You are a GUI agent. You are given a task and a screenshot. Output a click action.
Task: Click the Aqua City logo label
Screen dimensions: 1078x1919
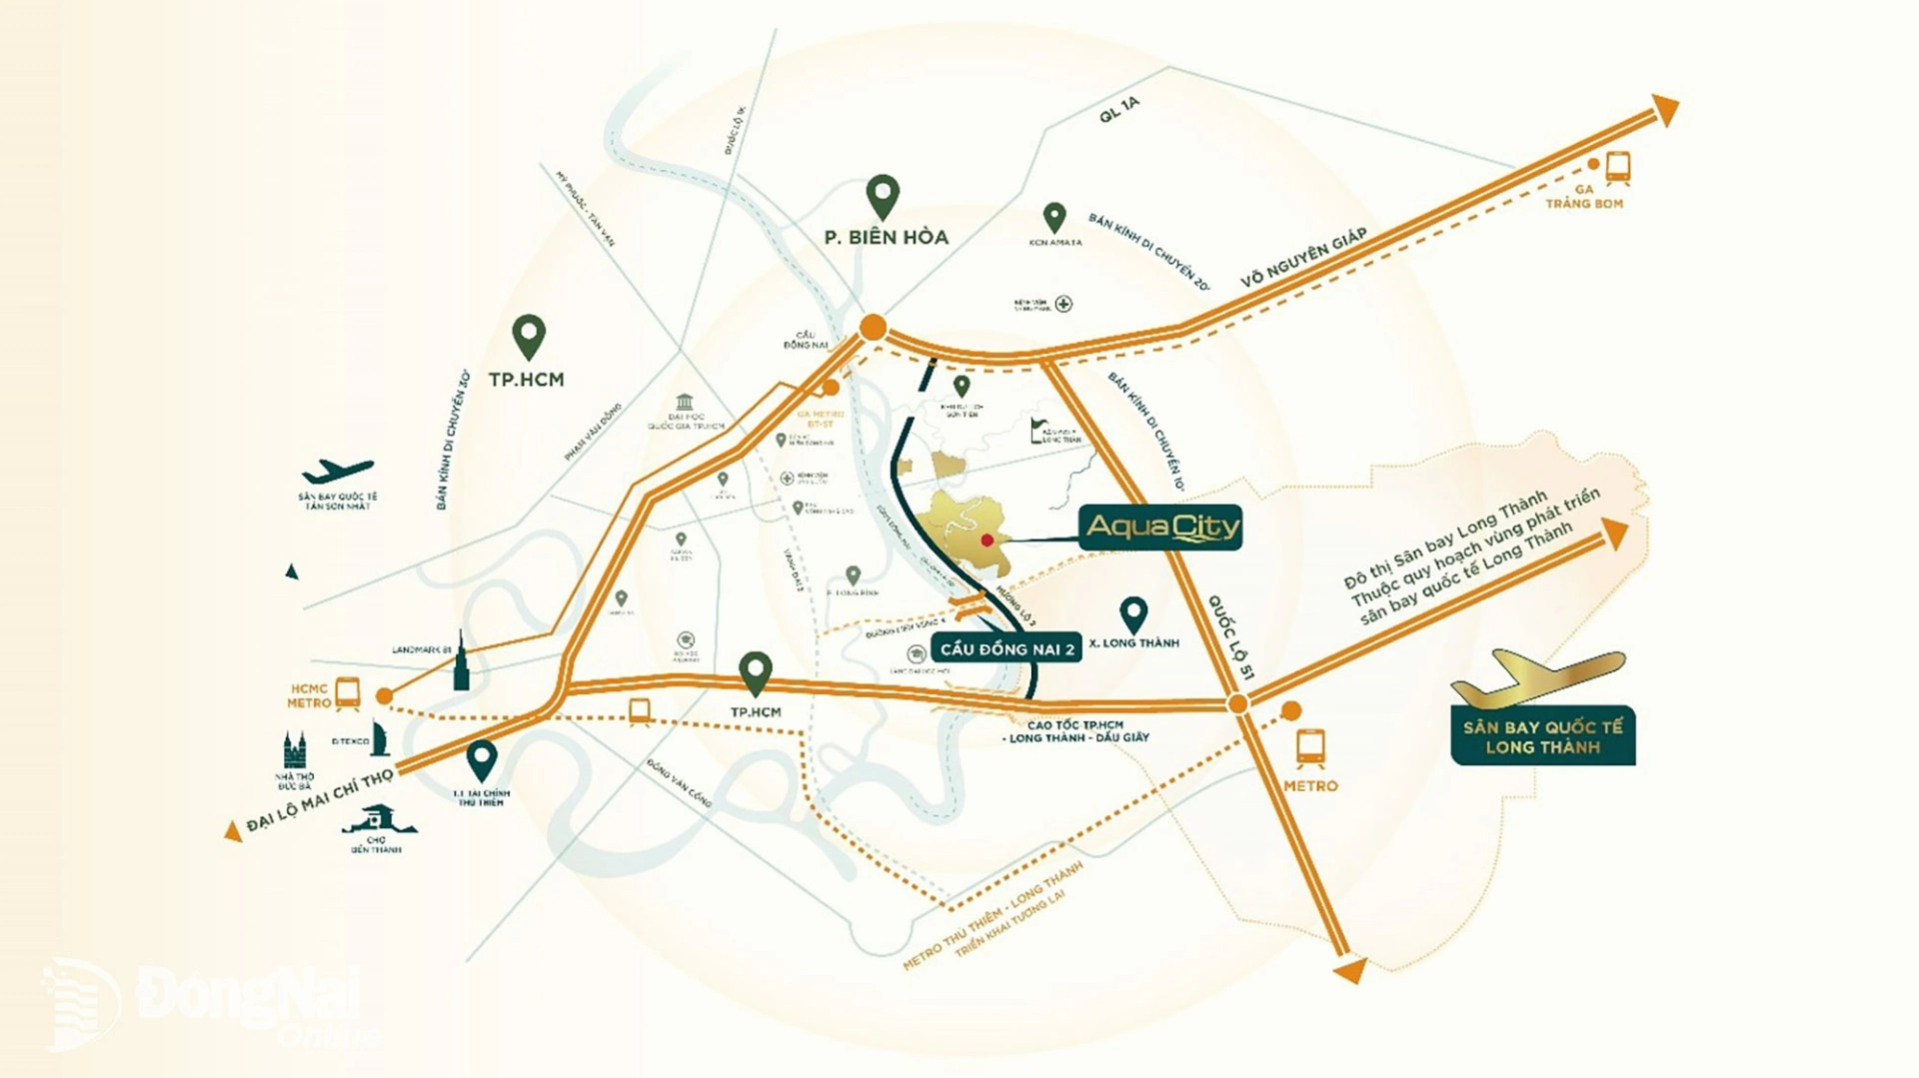pyautogui.click(x=1159, y=528)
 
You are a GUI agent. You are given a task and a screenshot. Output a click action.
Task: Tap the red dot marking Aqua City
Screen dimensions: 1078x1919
pyautogui.click(x=986, y=540)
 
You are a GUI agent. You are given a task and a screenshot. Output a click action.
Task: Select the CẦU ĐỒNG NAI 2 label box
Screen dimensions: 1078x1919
pyautogui.click(x=1006, y=649)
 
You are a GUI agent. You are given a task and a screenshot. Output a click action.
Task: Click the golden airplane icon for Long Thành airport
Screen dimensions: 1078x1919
pyautogui.click(x=1537, y=677)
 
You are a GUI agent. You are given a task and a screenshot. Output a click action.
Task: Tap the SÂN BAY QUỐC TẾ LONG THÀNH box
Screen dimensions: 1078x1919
pyautogui.click(x=1542, y=737)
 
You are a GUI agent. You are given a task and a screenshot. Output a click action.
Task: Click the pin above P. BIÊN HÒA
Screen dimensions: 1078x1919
pyautogui.click(x=882, y=197)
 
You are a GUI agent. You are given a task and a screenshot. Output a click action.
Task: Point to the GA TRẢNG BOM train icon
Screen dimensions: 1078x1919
pyautogui.click(x=1618, y=167)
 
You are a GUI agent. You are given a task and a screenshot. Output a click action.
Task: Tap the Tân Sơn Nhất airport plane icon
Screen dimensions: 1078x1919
pyautogui.click(x=338, y=471)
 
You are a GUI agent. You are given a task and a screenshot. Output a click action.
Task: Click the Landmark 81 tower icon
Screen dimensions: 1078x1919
pyautogui.click(x=461, y=662)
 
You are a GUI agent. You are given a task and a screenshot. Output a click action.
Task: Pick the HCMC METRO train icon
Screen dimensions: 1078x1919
pyautogui.click(x=348, y=692)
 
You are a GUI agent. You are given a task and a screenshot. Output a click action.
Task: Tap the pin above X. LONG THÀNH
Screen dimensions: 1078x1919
pyautogui.click(x=1132, y=614)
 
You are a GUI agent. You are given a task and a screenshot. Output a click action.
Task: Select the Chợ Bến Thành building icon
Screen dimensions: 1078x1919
pyautogui.click(x=378, y=819)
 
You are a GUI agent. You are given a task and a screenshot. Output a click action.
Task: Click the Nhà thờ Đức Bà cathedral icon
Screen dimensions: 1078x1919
pyautogui.click(x=294, y=750)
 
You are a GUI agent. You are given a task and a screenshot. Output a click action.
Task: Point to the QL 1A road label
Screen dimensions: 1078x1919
pyautogui.click(x=1118, y=110)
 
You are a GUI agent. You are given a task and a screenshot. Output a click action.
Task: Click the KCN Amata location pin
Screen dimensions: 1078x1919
pyautogui.click(x=1053, y=217)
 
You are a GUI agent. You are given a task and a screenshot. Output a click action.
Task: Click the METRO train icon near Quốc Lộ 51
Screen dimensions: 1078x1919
pyautogui.click(x=1309, y=747)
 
